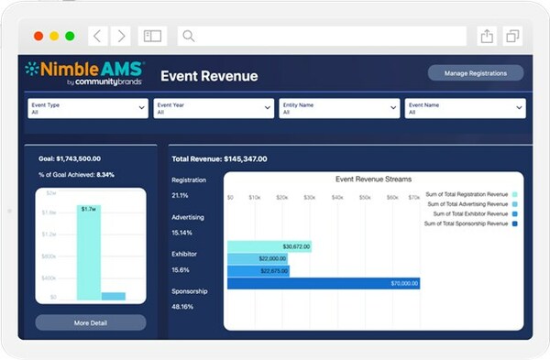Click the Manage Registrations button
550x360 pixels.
click(475, 73)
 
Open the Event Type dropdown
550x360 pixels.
click(87, 108)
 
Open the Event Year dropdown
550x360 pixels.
click(213, 108)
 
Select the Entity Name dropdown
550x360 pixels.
click(339, 108)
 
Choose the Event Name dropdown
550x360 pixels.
click(465, 108)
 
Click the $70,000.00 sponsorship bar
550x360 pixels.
click(323, 284)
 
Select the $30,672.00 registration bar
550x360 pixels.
click(269, 246)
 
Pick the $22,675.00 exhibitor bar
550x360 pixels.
click(258, 271)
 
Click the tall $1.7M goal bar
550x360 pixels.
click(88, 252)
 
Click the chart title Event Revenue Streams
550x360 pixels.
click(373, 180)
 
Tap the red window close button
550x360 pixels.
click(38, 36)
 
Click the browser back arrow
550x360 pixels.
click(98, 36)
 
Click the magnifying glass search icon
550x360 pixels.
click(188, 36)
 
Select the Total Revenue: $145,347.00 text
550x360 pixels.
click(219, 158)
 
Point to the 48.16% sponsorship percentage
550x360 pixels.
click(184, 307)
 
